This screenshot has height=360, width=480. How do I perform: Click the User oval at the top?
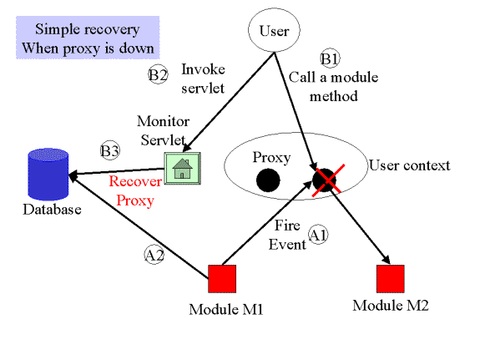click(x=274, y=30)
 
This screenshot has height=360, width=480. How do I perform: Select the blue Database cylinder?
click(x=48, y=174)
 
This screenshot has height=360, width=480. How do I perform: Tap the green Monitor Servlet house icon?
click(x=183, y=168)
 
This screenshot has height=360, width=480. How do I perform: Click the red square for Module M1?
click(x=222, y=279)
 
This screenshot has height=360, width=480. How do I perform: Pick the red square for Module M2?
click(x=391, y=279)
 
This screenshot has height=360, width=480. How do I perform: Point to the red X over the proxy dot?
click(x=328, y=180)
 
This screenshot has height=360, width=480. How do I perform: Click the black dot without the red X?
click(x=268, y=180)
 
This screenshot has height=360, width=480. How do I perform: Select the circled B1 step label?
click(x=330, y=58)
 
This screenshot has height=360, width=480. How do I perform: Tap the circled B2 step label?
click(x=158, y=75)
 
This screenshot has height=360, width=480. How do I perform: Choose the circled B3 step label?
click(x=110, y=150)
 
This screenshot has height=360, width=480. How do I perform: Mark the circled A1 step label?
click(x=318, y=235)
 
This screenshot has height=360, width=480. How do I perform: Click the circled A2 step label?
click(x=154, y=255)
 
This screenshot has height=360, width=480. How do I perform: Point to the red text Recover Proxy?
click(x=135, y=191)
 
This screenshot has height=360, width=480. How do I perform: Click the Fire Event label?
click(x=287, y=235)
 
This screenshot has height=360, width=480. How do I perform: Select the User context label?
click(x=409, y=165)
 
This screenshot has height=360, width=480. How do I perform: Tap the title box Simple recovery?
click(x=88, y=38)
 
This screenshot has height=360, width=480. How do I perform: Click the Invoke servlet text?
click(x=203, y=79)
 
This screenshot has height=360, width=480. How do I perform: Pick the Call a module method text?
click(x=333, y=86)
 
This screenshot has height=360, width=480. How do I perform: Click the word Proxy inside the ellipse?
click(x=271, y=158)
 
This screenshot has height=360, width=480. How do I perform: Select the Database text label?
click(x=52, y=210)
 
